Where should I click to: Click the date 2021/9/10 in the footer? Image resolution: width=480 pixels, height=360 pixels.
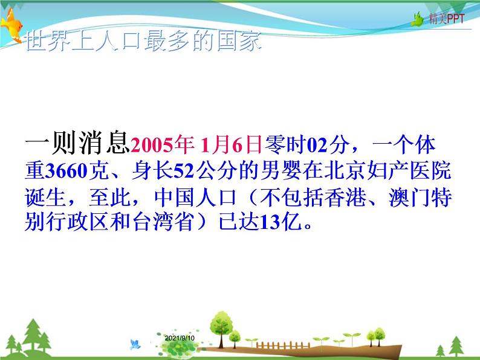pos(180,339)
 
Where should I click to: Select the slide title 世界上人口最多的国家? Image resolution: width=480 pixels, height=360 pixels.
pos(144,43)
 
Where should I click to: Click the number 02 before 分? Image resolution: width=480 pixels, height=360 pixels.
pos(319,145)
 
